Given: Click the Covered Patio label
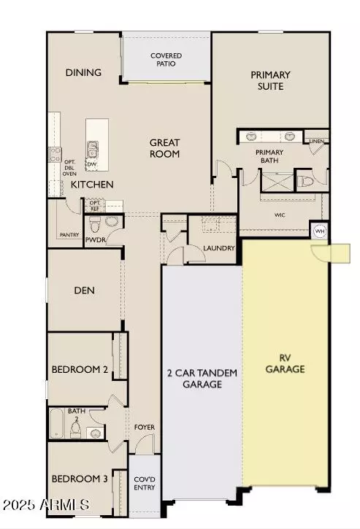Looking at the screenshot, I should [x=166, y=60].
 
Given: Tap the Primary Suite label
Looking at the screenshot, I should [x=270, y=80].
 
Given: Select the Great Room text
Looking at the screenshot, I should [x=165, y=148].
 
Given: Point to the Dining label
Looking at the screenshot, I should [x=83, y=73].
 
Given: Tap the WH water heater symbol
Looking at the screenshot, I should [x=319, y=231].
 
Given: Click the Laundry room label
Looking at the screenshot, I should [x=219, y=249].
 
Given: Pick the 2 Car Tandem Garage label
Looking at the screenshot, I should [x=201, y=378].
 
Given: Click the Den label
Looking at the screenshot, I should [x=84, y=290].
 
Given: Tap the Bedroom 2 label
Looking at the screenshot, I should [x=80, y=370].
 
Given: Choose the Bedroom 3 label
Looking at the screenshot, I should [x=80, y=479].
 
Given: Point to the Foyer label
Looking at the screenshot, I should [x=144, y=428].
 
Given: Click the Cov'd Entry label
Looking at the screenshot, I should [x=145, y=482].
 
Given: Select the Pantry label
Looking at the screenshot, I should [x=69, y=235].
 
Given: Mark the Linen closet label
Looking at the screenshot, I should [x=316, y=141].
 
